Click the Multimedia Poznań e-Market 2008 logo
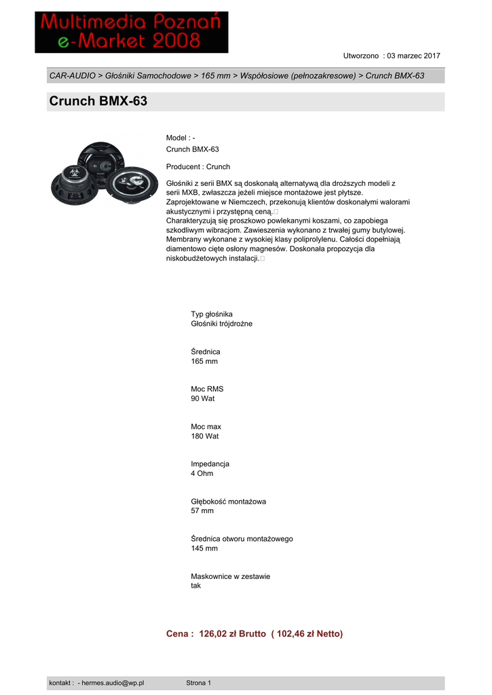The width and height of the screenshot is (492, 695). click(x=132, y=32)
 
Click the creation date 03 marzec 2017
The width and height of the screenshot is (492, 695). click(x=413, y=55)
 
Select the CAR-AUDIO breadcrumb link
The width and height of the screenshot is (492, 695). click(x=72, y=75)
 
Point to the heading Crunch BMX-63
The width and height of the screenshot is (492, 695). click(x=98, y=102)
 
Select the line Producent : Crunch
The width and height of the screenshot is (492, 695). click(x=198, y=166)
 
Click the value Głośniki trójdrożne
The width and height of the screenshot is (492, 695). click(x=221, y=324)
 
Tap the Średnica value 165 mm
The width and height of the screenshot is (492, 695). click(x=204, y=361)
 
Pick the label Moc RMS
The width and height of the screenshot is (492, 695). click(x=207, y=389)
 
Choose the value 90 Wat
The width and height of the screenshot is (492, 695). click(x=203, y=398)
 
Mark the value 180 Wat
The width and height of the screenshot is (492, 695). click(x=205, y=436)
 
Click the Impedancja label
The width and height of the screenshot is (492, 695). click(x=210, y=464)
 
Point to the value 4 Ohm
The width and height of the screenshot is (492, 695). click(x=202, y=473)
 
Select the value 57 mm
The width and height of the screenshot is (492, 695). click(x=202, y=510)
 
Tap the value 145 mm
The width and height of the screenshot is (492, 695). click(x=204, y=548)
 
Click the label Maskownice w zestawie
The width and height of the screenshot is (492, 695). click(x=231, y=576)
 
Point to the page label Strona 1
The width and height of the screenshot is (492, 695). click(x=199, y=683)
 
